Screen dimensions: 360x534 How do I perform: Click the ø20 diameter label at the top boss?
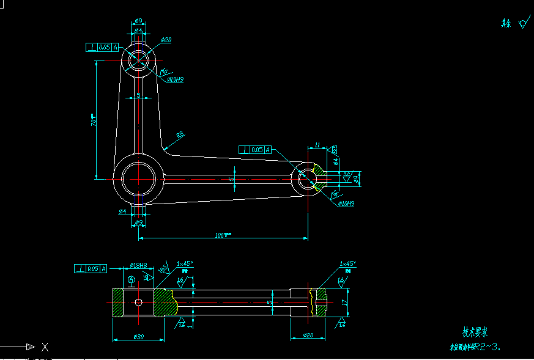tap(166, 40)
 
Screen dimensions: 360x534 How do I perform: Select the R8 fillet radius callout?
tap(180, 134)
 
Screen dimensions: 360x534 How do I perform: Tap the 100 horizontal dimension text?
tap(223, 235)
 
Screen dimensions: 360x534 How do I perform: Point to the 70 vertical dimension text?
tap(93, 120)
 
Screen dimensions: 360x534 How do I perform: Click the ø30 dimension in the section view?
tap(138, 337)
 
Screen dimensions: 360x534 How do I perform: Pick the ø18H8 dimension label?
tap(139, 266)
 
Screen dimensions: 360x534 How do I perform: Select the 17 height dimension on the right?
tap(344, 302)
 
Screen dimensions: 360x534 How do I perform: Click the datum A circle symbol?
tap(132, 280)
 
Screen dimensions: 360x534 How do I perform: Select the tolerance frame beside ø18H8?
tap(91, 268)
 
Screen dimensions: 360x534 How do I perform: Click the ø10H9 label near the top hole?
tap(176, 79)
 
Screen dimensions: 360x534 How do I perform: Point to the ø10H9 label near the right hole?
tap(346, 204)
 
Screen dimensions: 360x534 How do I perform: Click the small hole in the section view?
tap(139, 302)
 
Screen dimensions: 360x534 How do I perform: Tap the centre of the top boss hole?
tap(139, 60)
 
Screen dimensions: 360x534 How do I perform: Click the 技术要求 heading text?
tap(475, 332)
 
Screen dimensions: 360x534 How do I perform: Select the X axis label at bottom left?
tap(45, 347)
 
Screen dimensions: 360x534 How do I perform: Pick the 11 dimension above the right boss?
tap(317, 145)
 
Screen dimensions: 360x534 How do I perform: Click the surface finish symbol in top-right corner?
tap(522, 24)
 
